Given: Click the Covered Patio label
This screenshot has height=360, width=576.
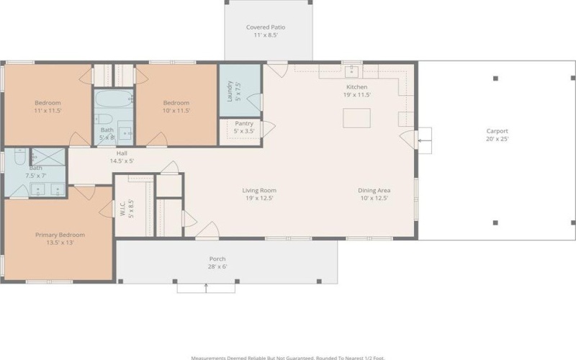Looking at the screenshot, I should click(x=266, y=31).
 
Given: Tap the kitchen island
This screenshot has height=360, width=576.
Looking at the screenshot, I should click(x=356, y=118).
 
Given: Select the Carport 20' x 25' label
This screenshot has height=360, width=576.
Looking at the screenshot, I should click(x=497, y=135).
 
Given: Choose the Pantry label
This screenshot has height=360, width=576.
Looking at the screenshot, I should click(x=243, y=127).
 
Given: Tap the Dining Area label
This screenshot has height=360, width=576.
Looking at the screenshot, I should click(x=373, y=194).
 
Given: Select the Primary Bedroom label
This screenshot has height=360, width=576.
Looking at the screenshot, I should click(x=60, y=238).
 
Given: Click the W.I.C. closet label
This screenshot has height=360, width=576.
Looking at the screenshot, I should click(x=127, y=209).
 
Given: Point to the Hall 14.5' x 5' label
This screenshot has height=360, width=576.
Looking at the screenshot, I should click(x=122, y=157).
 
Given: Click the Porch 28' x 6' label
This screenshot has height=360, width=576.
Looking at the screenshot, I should click(x=217, y=263).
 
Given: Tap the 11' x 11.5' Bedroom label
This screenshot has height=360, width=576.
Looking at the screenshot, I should click(x=48, y=107).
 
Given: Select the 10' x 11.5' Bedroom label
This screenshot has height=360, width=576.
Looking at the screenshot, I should click(x=176, y=107).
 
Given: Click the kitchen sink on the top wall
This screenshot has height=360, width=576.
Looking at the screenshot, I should click(x=352, y=71).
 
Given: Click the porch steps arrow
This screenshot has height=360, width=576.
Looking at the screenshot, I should click(x=207, y=288).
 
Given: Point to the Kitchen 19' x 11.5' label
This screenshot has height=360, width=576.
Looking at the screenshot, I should click(x=357, y=91).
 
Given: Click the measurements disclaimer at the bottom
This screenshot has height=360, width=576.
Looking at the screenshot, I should click(x=288, y=356).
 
